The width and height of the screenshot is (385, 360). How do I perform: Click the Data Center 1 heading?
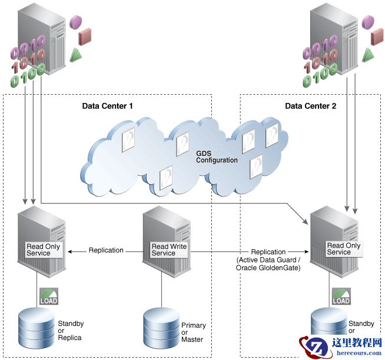108,106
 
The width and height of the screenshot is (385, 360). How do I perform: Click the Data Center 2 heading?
310,106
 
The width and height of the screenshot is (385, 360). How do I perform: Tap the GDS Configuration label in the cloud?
217,156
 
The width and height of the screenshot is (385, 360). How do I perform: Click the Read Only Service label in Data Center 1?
43,250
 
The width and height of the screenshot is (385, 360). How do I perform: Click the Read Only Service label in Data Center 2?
343,249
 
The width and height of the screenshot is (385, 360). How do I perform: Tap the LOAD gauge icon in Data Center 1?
49,296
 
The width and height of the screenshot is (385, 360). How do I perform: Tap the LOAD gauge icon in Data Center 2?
341,296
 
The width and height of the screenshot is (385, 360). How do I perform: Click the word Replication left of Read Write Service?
106,251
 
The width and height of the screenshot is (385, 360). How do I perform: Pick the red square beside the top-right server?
377,37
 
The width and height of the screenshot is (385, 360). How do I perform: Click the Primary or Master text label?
193,332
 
